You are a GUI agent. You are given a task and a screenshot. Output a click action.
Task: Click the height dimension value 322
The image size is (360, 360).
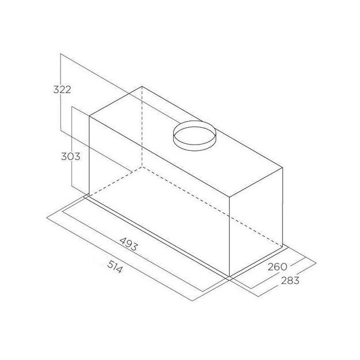pyautogui.click(x=61, y=89)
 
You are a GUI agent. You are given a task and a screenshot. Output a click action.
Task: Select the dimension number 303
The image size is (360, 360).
pyautogui.click(x=71, y=156)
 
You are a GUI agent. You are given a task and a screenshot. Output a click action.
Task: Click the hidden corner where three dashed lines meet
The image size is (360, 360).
pyautogui.click(x=142, y=168)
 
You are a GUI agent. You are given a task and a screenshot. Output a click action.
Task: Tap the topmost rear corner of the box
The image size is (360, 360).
pyautogui.click(x=142, y=86)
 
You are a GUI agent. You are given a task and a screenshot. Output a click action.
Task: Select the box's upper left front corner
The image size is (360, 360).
pyautogui.click(x=89, y=116)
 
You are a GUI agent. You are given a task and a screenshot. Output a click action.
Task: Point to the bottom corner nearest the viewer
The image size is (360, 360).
pyautogui.click(x=230, y=277)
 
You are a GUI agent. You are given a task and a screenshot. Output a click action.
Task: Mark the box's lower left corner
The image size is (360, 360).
pyautogui.click(x=89, y=196)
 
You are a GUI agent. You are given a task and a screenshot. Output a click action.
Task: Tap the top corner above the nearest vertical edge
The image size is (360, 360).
pyautogui.click(x=230, y=198)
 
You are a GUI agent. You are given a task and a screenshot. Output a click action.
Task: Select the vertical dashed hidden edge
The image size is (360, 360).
pyautogui.click(x=142, y=127)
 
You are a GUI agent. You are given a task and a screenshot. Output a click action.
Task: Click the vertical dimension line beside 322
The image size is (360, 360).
pyautogui.click(x=61, y=115)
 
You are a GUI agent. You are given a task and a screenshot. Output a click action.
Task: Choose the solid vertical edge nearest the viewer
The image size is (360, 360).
pyautogui.click(x=230, y=236)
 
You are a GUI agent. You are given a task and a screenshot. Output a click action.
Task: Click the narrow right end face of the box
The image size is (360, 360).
pyautogui.click(x=256, y=222)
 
